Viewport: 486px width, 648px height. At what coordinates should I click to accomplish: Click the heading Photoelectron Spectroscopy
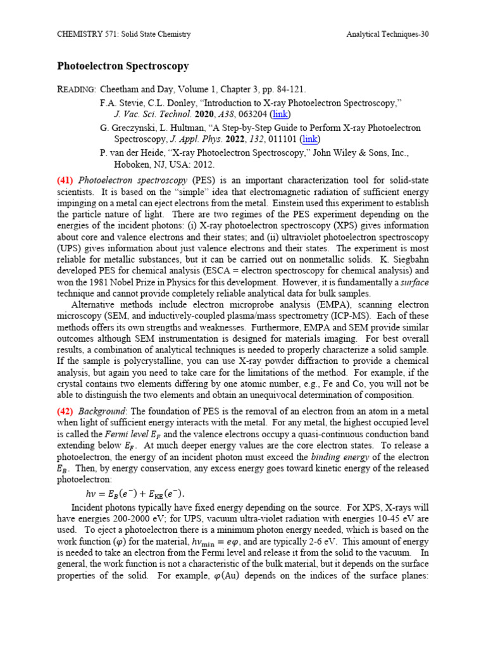(123, 66)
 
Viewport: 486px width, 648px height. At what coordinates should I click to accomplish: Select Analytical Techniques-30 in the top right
(387, 34)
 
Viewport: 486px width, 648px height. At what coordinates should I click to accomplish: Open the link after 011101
(309, 139)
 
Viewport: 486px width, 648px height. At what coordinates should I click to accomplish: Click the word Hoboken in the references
(132, 163)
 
